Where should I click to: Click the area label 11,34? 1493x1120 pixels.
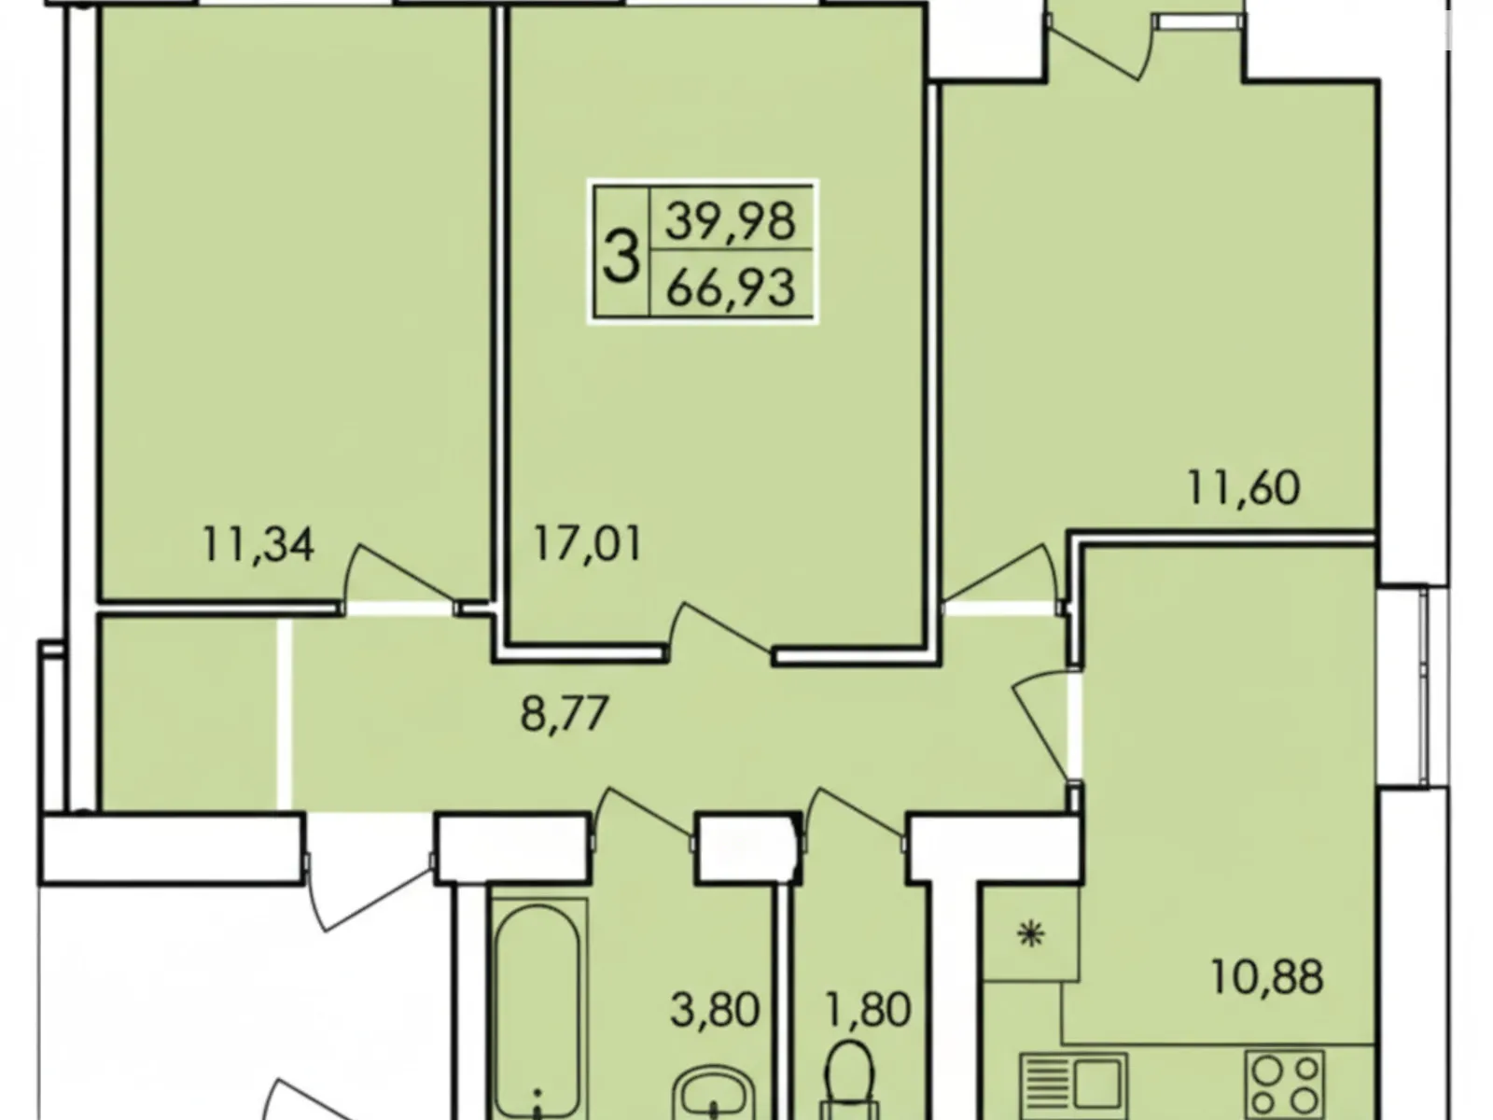coord(258,545)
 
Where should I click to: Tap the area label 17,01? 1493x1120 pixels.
coord(588,544)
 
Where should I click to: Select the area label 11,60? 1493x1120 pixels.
coord(1243,487)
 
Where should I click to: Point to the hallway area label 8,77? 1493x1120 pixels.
coord(565,715)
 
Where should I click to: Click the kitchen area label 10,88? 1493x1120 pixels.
coord(1266,978)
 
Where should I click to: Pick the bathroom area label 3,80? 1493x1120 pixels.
coord(715,1009)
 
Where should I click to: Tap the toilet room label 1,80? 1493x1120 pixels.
coord(868,1009)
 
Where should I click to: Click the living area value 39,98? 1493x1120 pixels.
coord(730,221)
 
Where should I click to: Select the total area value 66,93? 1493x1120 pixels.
coord(730,287)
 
